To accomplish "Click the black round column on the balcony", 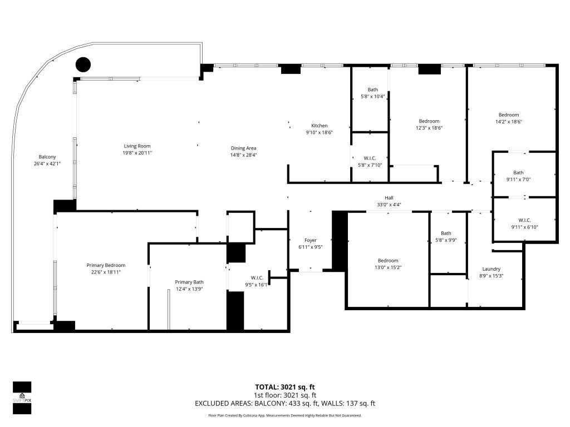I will [83, 65].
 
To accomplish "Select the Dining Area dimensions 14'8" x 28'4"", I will [243, 155].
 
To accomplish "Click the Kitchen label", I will [319, 126].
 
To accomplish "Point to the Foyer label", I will [310, 240].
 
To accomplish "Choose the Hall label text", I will [389, 197].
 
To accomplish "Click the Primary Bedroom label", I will [106, 265].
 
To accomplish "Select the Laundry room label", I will [491, 269].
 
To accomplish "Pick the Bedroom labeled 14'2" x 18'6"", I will [508, 115].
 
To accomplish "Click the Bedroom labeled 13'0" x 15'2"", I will [388, 261].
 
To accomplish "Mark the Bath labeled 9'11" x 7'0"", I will [518, 172].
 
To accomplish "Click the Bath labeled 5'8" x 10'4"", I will [372, 90].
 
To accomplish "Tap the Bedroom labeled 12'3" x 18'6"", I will [429, 121].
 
